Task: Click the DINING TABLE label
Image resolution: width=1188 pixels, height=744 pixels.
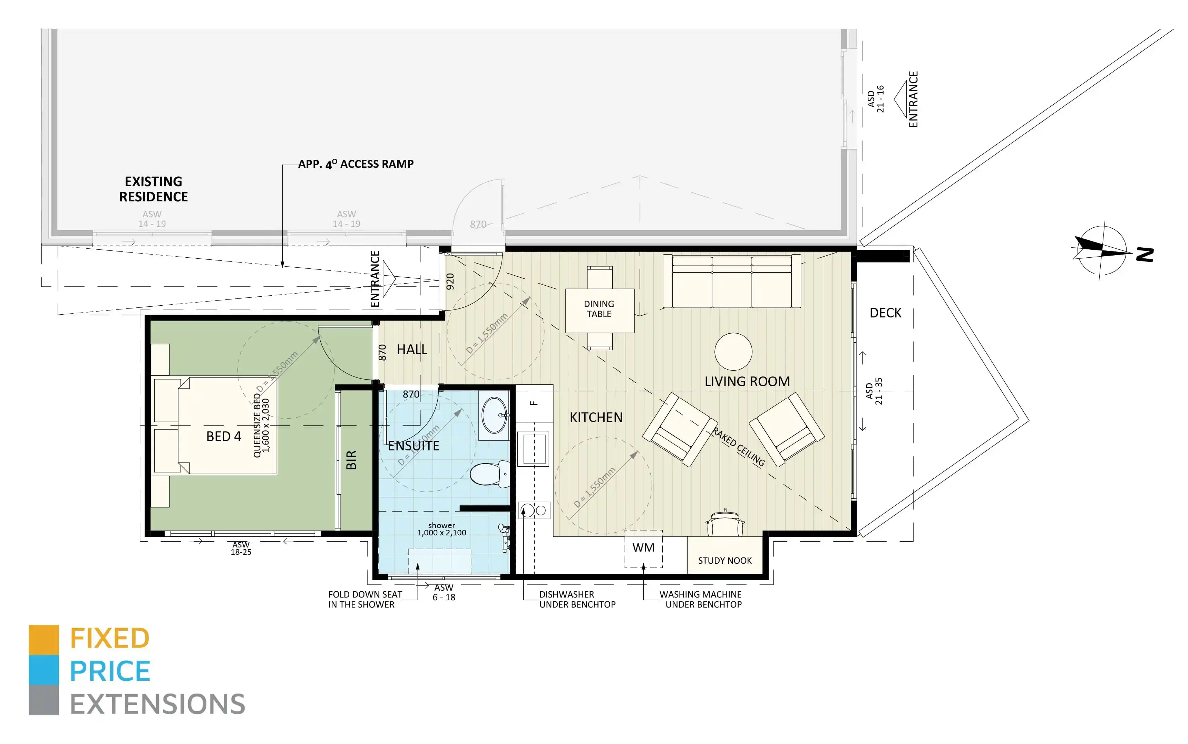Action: click(x=598, y=309)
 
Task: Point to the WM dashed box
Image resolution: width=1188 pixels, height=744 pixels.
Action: click(x=643, y=548)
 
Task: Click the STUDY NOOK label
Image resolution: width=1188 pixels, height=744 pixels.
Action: click(x=724, y=561)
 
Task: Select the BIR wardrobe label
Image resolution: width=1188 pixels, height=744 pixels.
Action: click(x=351, y=460)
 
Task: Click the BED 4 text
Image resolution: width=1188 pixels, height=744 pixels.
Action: click(x=223, y=437)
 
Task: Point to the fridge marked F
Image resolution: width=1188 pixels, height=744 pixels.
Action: click(x=534, y=403)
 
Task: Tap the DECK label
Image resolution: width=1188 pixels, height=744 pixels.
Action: click(x=885, y=313)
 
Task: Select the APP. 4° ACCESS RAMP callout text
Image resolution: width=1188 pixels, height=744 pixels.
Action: click(x=356, y=164)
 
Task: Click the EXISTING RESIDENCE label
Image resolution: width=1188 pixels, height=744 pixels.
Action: click(x=153, y=189)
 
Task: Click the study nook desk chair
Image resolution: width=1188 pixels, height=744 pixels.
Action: click(x=725, y=524)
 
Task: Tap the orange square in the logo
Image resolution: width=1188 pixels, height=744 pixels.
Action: click(x=44, y=640)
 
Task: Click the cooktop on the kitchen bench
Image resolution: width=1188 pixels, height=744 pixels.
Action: click(x=534, y=510)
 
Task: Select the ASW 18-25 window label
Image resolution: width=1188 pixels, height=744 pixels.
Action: click(x=241, y=548)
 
